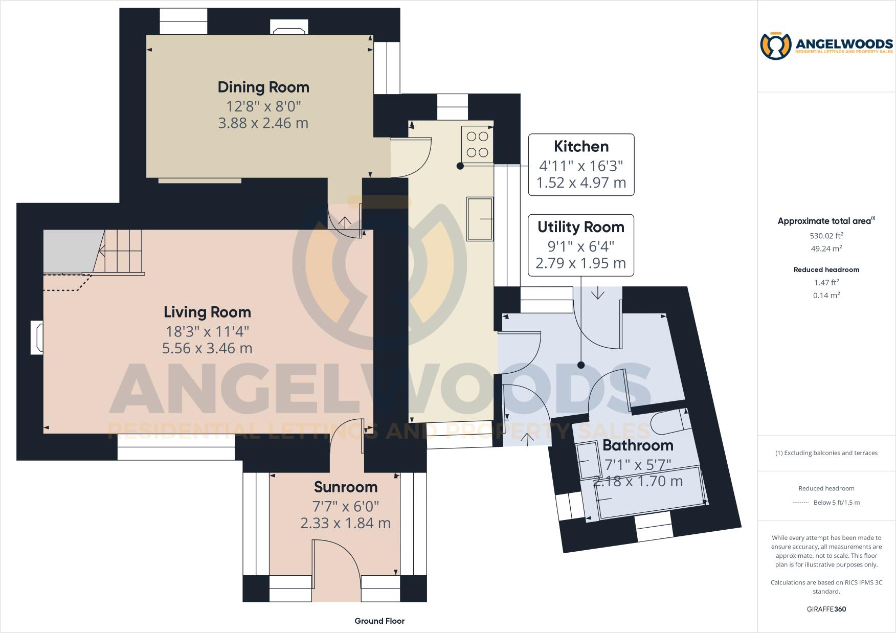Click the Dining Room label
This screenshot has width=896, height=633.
coord(263,87)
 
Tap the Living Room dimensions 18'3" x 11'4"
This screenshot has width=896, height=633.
coord(207,331)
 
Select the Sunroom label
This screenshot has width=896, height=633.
coord(345,487)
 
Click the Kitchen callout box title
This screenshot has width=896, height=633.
coord(581,146)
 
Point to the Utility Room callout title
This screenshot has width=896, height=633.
coord(580,227)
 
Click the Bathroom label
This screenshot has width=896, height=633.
coord(637,445)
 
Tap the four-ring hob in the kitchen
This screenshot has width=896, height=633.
coord(477,144)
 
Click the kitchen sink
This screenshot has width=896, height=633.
coord(480,219)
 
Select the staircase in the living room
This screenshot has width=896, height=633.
coord(120,252)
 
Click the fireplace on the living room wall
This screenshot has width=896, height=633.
coord(37,337)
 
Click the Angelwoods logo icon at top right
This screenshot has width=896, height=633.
coord(775,46)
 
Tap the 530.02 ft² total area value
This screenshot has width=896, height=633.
coord(826,236)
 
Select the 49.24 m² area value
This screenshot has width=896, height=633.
coord(826,248)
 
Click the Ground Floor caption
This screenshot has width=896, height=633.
coord(379,621)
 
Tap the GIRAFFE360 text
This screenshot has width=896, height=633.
coord(826,609)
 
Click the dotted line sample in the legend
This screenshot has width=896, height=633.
coord(800,503)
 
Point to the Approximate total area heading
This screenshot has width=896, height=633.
coord(824,221)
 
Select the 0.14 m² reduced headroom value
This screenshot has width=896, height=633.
coord(826,295)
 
